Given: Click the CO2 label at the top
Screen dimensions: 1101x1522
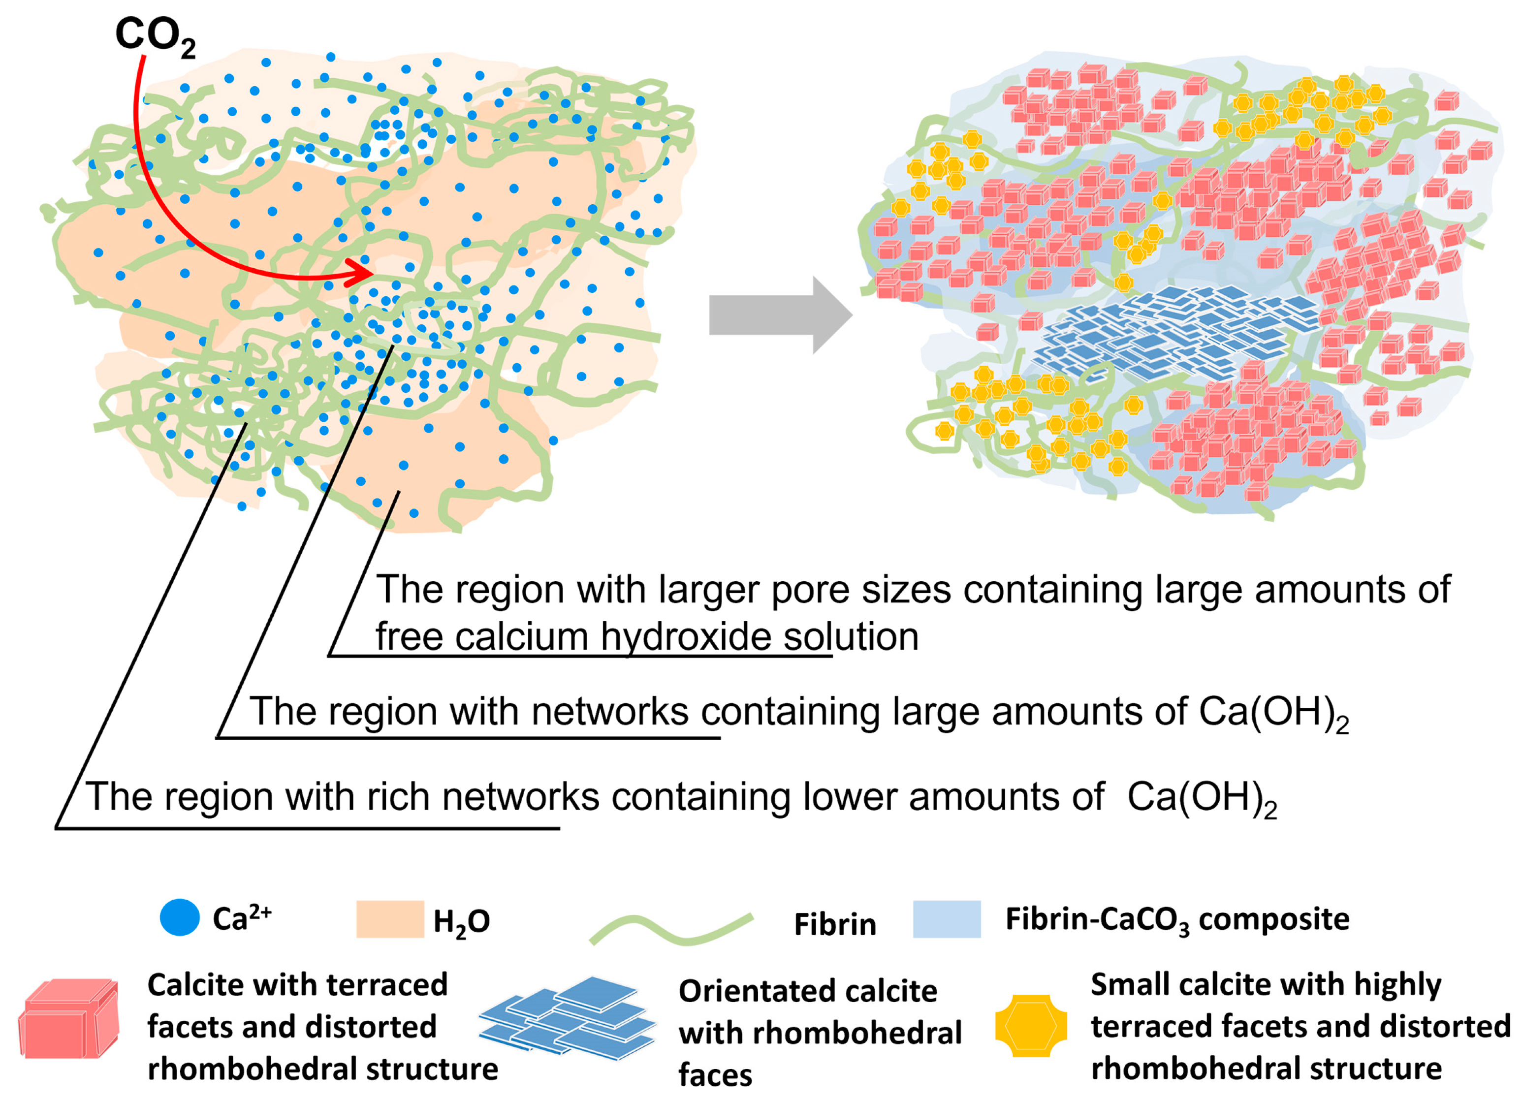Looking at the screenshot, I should point(155,35).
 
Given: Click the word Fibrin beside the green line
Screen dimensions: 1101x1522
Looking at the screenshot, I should point(835,924).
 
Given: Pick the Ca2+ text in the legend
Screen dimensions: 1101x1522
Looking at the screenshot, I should point(242,918).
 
